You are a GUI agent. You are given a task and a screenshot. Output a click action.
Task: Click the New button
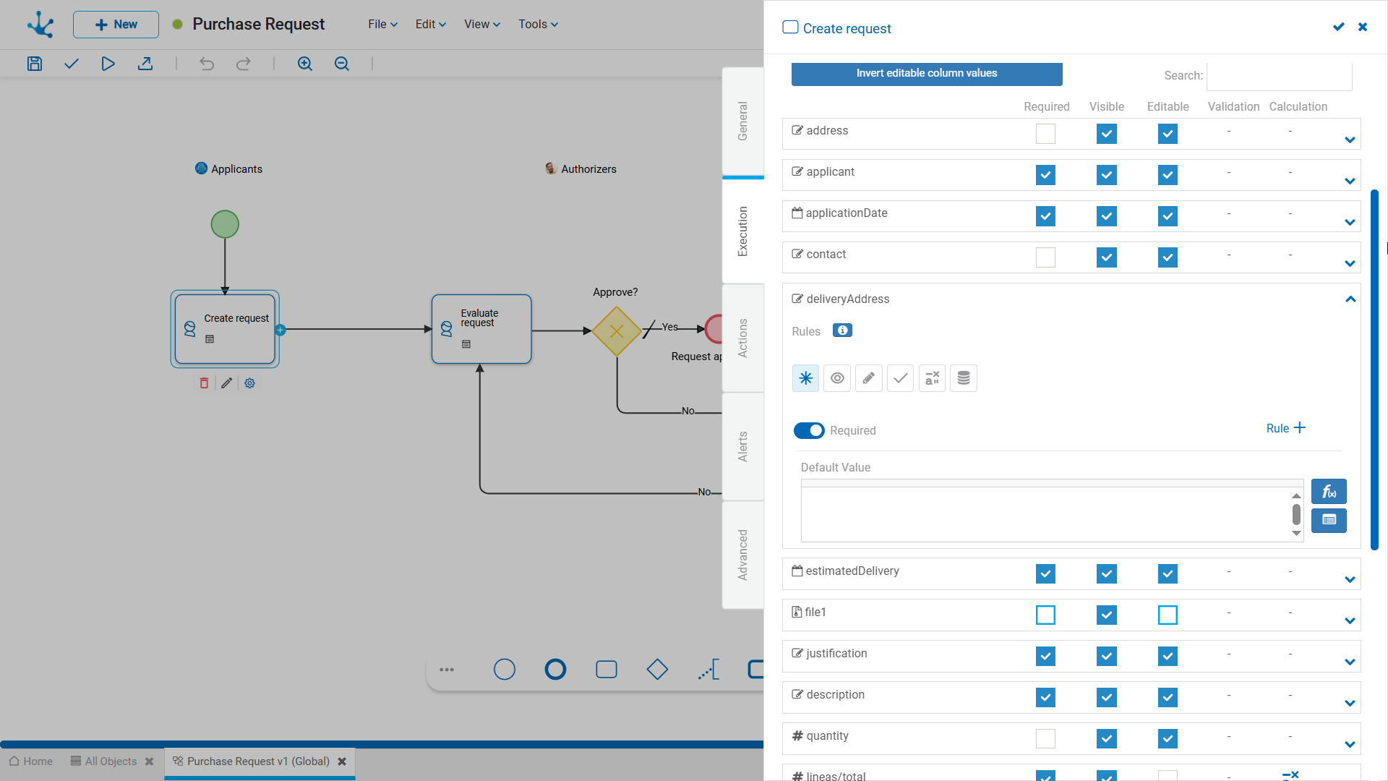pos(116,25)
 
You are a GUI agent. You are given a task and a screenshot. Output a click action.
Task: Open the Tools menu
pos(538,25)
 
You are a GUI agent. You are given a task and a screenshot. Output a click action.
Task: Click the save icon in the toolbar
pos(35,64)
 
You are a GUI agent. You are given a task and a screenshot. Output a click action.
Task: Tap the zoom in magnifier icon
pos(305,64)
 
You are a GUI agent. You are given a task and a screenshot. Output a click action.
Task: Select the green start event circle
pos(225,224)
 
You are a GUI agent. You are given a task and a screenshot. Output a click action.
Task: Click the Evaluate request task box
pos(481,329)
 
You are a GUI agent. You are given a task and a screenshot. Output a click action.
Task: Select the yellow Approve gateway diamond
pos(617,331)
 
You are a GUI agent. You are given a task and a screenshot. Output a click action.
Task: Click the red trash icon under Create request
pos(204,383)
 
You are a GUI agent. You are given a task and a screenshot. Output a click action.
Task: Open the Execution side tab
pos(743,231)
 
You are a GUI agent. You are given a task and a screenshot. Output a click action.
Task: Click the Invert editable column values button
pos(927,74)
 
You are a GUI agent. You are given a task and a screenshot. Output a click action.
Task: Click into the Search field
pos(1280,76)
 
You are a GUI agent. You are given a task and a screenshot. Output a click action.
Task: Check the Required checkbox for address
pos(1045,134)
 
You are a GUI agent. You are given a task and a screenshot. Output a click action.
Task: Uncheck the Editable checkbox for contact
pos(1168,257)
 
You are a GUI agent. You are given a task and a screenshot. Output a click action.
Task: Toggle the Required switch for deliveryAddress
pos(809,431)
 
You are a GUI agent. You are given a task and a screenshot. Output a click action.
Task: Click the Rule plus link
pos(1286,428)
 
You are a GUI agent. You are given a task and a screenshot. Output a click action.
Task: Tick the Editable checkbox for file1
pos(1168,615)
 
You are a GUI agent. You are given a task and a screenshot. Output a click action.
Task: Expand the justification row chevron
pos(1350,662)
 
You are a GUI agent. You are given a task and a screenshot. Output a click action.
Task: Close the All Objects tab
pos(150,761)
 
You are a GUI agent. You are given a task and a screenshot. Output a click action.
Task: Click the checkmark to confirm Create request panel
pos(1339,27)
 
